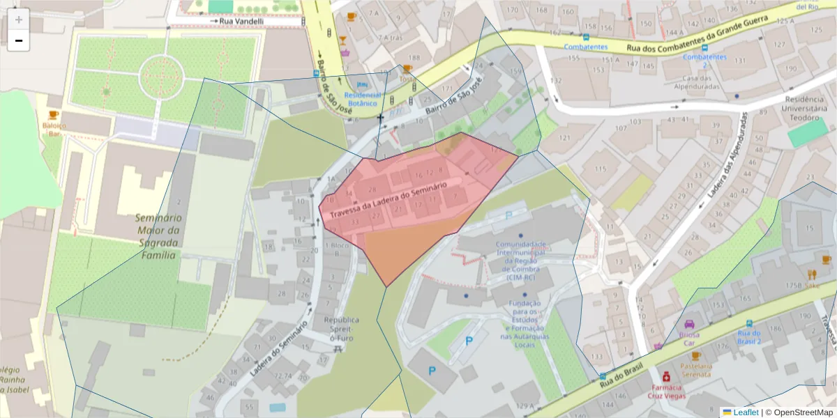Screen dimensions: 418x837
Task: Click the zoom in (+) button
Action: coord(19,20)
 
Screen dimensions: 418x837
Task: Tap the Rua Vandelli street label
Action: coord(241,22)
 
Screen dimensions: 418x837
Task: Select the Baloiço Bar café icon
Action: coord(53,114)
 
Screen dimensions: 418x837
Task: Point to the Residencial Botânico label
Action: coord(362,99)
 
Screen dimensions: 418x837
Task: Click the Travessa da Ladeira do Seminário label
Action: coord(389,199)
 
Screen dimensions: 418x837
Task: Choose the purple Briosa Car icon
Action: coord(689,324)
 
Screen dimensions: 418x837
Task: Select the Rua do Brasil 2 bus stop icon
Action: coord(749,324)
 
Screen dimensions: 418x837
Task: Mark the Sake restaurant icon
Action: coord(812,274)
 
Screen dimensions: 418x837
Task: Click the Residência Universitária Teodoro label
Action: coord(804,108)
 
